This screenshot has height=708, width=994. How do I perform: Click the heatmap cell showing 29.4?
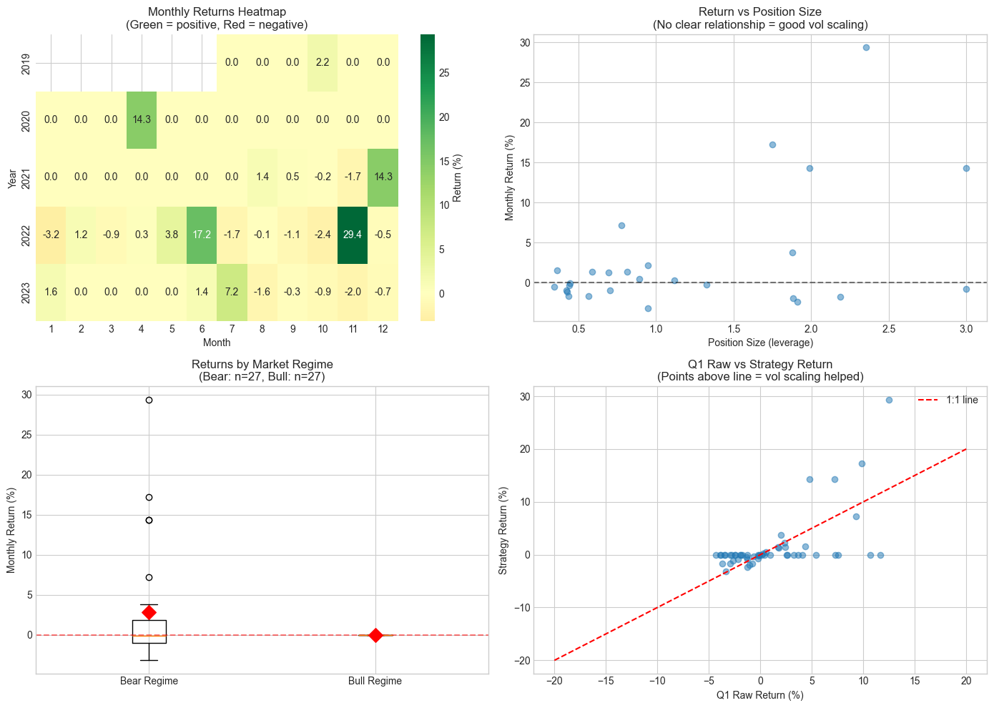(x=353, y=235)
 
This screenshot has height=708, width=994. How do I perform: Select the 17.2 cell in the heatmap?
(x=202, y=235)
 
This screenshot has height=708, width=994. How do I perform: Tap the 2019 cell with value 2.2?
(x=323, y=62)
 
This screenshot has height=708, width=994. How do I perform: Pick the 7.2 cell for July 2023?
(x=232, y=292)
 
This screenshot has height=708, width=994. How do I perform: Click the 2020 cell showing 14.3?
(x=142, y=119)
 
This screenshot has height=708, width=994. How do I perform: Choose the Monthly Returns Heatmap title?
(x=216, y=12)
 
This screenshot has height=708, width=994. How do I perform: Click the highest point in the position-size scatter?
(x=866, y=47)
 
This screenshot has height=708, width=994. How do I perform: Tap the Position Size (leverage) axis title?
(x=760, y=343)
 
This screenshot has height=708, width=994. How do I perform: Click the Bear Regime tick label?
(x=149, y=681)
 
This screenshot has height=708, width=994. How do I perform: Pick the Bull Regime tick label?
(x=375, y=681)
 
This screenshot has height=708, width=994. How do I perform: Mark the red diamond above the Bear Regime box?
(x=149, y=612)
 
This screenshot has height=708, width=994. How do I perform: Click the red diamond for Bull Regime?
(x=375, y=635)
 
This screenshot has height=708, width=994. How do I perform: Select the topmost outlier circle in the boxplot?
(x=149, y=400)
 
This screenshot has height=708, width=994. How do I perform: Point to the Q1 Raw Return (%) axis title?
(x=760, y=695)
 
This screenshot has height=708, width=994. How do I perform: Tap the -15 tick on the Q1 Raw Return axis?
(x=606, y=681)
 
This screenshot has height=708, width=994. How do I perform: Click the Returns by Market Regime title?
(x=262, y=364)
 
